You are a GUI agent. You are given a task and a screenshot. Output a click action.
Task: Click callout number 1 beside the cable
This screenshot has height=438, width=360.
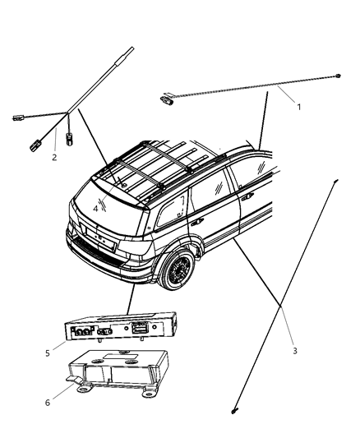point(298,106)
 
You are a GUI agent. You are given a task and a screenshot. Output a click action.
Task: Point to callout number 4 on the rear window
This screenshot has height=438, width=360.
point(95,209)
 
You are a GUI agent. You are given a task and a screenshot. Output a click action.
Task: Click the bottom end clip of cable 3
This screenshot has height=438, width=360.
point(235,411)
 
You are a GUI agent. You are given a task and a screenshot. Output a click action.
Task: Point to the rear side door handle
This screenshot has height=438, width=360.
point(197,222)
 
